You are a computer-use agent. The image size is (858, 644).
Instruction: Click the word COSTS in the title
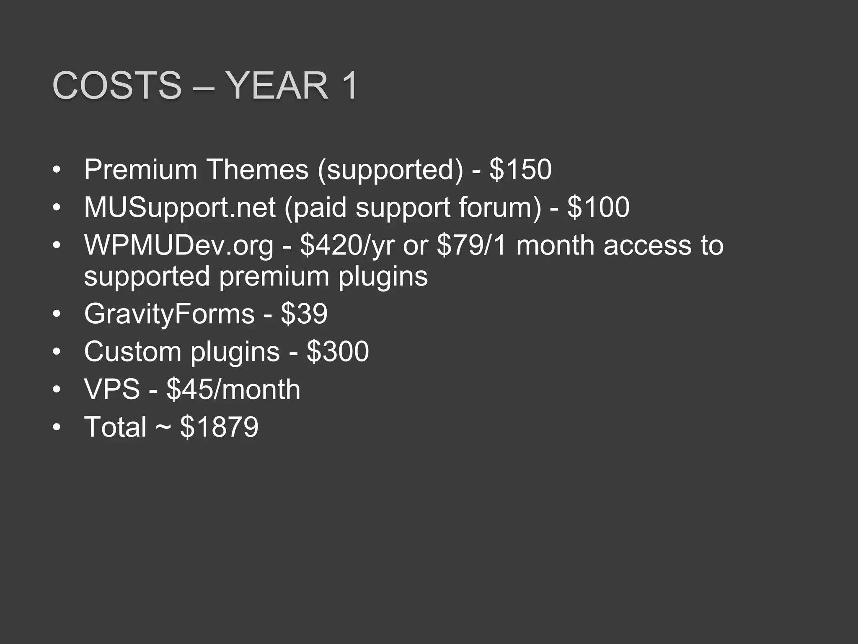click(117, 86)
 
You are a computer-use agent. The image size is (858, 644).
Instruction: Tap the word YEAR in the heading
click(277, 86)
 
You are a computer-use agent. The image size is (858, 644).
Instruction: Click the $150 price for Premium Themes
click(520, 169)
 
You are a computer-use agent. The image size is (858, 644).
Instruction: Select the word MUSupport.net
click(180, 207)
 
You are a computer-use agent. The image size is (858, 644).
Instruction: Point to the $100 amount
click(598, 207)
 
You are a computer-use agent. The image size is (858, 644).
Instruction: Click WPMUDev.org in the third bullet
click(178, 245)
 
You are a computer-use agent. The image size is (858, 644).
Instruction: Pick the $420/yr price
click(347, 245)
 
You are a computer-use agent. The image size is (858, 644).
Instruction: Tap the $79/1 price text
click(472, 245)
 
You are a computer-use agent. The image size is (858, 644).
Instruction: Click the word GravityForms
click(169, 314)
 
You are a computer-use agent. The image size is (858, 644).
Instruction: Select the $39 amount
click(304, 314)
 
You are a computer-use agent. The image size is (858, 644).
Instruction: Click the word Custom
click(133, 351)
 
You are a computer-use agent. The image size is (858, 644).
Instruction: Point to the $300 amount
click(338, 351)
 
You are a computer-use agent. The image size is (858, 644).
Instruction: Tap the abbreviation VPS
click(112, 389)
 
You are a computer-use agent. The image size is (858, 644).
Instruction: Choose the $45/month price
click(233, 389)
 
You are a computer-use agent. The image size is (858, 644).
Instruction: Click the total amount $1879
click(219, 427)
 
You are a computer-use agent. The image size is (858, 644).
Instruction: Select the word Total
click(115, 427)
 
